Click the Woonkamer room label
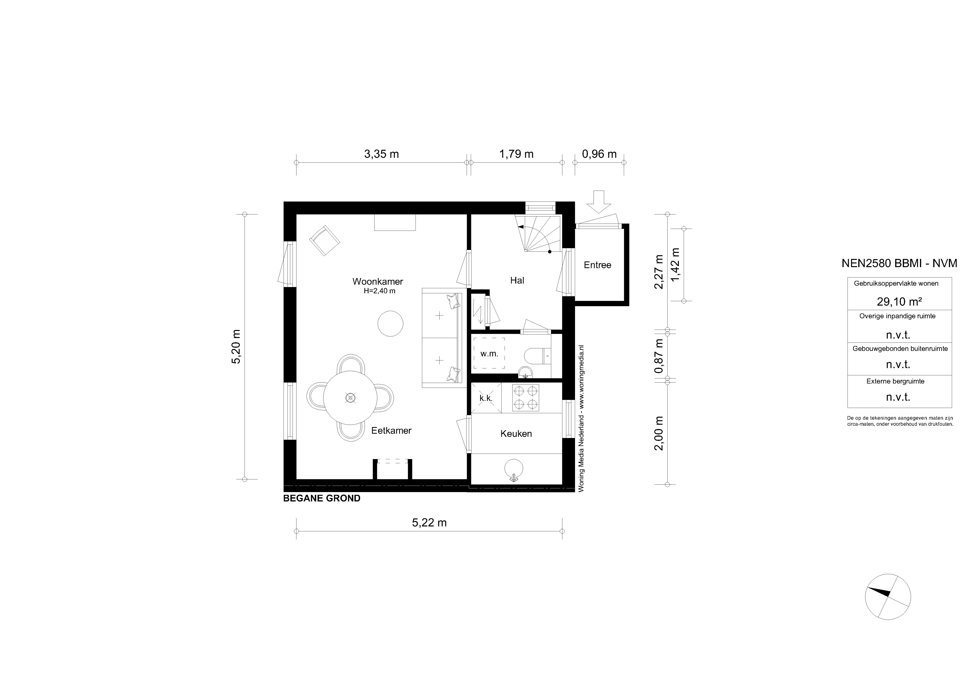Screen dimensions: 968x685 tap(378, 281)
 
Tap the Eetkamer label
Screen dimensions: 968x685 tap(391, 431)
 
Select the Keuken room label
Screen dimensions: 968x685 tap(516, 434)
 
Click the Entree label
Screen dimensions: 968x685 tap(597, 265)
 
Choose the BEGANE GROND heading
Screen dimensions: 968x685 tap(322, 498)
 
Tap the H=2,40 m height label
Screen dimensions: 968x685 tap(379, 291)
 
